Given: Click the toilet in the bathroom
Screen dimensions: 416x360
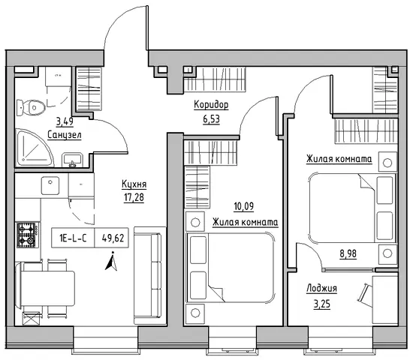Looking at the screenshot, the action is click(31, 108).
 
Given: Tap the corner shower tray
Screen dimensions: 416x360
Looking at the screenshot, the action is click(33, 148).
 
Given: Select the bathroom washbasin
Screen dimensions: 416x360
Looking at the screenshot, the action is click(72, 160).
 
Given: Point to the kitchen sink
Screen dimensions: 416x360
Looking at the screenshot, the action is click(50, 185).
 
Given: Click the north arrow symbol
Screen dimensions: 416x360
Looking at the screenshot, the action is click(112, 261).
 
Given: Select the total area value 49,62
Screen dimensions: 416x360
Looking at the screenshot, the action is click(113, 238).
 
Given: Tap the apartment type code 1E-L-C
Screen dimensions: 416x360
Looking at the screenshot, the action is click(73, 238).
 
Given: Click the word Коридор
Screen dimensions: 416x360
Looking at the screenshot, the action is click(211, 105).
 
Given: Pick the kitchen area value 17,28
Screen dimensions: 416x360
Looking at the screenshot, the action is click(134, 197).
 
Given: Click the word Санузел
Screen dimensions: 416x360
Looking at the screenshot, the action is click(65, 135).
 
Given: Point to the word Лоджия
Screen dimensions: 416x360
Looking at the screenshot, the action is click(321, 288).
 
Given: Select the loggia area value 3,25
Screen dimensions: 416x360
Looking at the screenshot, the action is click(322, 304).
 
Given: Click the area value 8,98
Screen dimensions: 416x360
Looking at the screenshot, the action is click(348, 253).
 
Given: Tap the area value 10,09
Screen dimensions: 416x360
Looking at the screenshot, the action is click(243, 206).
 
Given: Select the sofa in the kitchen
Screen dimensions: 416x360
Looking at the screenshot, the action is click(150, 275).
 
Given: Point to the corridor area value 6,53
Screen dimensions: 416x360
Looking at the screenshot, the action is click(212, 119).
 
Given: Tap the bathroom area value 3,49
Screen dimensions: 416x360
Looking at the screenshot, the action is click(65, 121).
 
